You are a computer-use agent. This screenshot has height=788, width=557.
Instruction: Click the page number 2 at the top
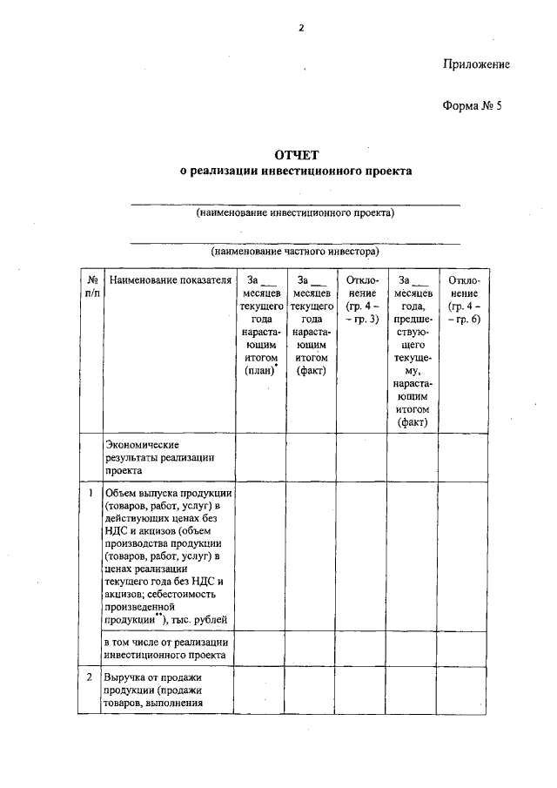[x=301, y=27]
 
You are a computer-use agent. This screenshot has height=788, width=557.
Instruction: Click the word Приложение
[x=475, y=64]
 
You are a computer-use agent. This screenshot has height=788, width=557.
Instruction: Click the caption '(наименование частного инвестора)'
[x=295, y=251]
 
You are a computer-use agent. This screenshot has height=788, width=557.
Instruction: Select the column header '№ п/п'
[x=91, y=287]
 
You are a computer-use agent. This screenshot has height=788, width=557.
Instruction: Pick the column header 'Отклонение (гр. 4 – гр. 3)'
[x=361, y=300]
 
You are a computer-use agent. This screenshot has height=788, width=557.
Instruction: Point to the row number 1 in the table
[x=91, y=493]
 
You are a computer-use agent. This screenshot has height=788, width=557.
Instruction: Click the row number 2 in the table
[x=91, y=676]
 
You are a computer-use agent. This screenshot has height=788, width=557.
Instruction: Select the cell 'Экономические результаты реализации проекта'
[x=160, y=455]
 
